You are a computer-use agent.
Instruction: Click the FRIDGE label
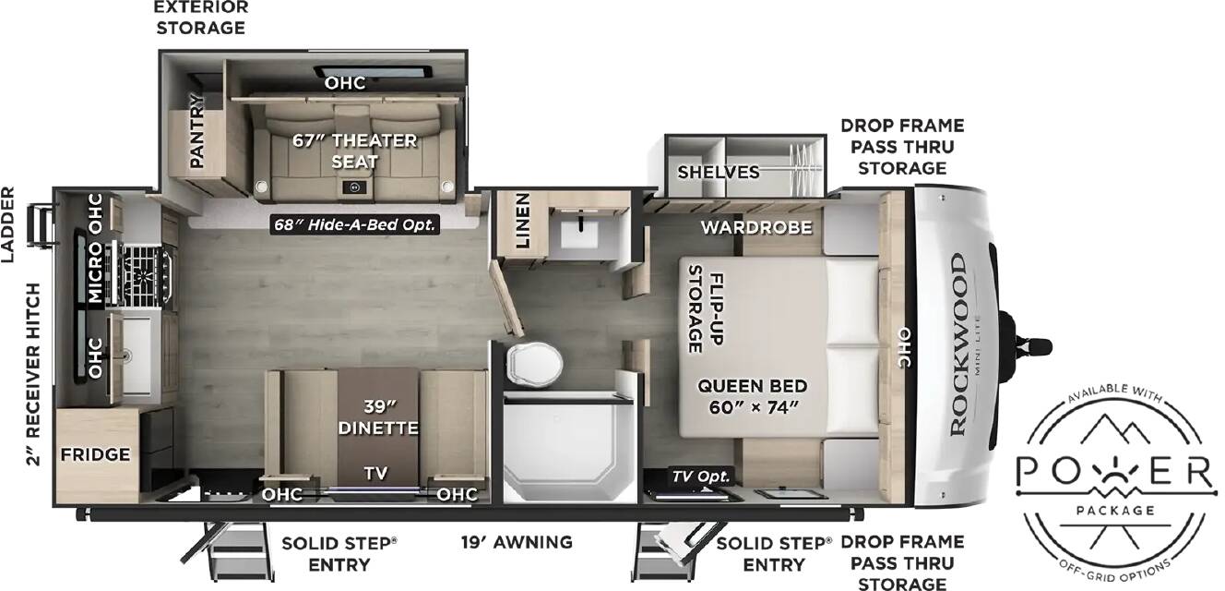(95, 454)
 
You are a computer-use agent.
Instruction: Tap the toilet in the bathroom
(534, 363)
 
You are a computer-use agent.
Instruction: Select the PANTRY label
(196, 131)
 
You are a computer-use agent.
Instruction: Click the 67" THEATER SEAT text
(354, 151)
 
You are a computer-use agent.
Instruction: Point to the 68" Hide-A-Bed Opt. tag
(355, 224)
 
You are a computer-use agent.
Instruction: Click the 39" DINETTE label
(378, 417)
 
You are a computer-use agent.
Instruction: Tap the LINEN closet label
(522, 220)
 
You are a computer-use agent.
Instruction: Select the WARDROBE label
(756, 227)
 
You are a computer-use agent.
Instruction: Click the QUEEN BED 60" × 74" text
(753, 397)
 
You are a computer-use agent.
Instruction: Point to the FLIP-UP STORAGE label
(706, 309)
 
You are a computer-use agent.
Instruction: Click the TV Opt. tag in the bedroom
(700, 476)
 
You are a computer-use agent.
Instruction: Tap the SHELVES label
(718, 173)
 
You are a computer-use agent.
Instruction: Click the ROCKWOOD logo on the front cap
(958, 344)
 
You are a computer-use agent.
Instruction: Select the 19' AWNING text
(517, 542)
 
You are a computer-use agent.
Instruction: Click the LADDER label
(7, 224)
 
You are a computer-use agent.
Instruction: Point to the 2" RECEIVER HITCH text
(33, 375)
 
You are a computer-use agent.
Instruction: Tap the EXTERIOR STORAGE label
(201, 18)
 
